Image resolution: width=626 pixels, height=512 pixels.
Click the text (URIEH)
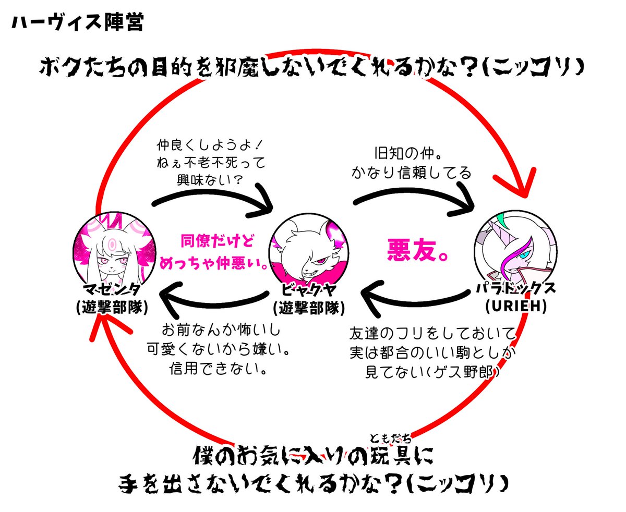(515, 308)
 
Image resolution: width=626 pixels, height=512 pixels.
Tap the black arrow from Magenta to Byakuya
(214, 201)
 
